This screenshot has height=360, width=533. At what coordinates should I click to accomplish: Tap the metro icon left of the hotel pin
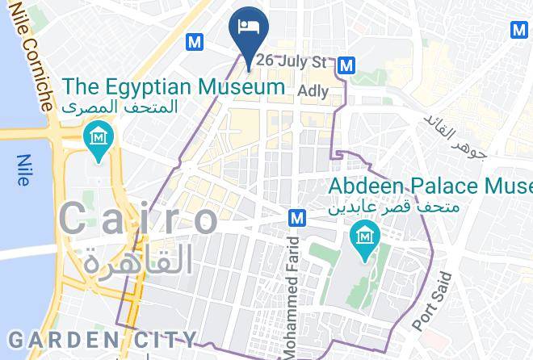(x=194, y=40)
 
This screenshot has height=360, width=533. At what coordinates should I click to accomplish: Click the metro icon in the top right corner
(x=519, y=30)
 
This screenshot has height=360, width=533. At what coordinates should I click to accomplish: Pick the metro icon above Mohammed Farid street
(x=297, y=218)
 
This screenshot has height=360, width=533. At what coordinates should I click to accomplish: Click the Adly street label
(x=313, y=91)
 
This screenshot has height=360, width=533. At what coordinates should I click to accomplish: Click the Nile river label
(x=22, y=170)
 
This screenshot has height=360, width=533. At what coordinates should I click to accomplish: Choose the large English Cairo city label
(x=139, y=220)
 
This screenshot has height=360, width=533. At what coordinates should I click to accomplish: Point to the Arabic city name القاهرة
(x=139, y=261)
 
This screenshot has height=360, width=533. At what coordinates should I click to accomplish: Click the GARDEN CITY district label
(x=99, y=338)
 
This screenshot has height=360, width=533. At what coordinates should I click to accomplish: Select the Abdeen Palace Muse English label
(x=430, y=186)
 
